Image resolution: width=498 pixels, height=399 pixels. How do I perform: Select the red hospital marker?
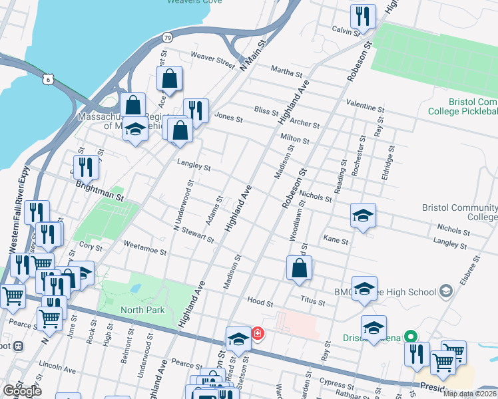[257, 333]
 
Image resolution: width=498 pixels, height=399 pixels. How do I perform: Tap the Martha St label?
[287, 69]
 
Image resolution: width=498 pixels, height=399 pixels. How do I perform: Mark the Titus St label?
[312, 302]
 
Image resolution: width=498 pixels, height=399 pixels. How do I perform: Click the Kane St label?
[336, 239]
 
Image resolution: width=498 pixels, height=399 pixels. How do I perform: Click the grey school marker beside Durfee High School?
[445, 291]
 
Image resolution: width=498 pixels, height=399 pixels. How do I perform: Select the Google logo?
[22, 391]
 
